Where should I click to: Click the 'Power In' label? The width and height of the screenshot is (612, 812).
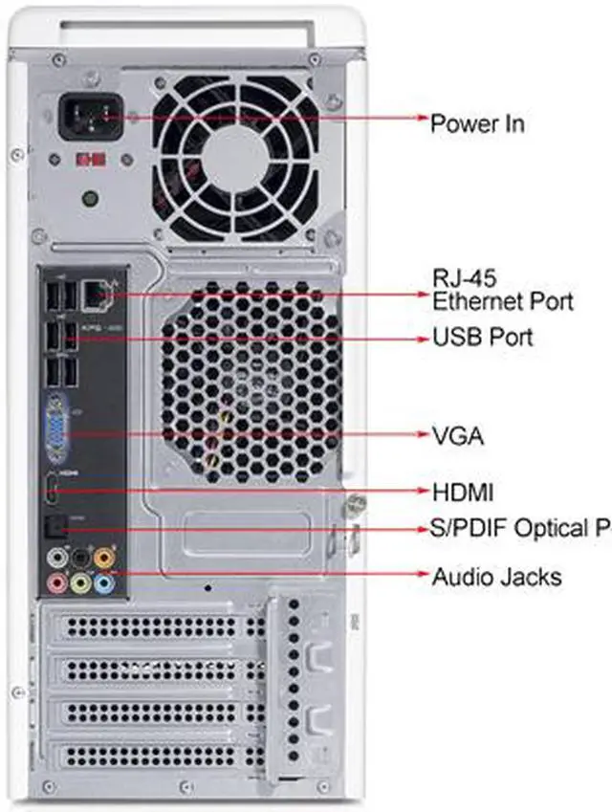(x=477, y=122)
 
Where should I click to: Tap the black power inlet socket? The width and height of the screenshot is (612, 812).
(x=92, y=118)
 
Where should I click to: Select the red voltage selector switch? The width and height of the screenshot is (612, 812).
(x=91, y=159)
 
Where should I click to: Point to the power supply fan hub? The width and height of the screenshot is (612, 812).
(x=232, y=155)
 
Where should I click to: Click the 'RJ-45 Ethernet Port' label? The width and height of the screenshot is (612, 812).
(x=502, y=290)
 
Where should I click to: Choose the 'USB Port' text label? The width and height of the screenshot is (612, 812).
(x=483, y=337)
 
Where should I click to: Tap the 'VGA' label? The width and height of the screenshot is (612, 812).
(x=458, y=437)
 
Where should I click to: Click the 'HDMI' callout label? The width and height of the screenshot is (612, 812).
(x=463, y=494)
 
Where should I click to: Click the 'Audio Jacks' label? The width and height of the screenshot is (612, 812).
(x=496, y=577)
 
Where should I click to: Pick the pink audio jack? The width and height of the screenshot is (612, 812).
(x=58, y=581)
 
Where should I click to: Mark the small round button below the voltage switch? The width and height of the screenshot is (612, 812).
(x=89, y=200)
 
